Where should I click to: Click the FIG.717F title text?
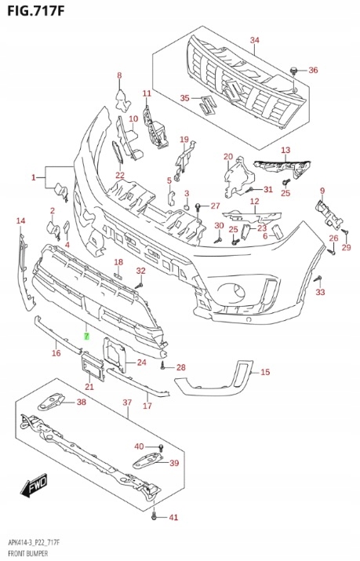(36, 11)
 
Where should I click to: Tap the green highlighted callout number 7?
(86, 337)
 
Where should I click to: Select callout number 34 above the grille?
(255, 40)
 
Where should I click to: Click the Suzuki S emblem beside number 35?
(207, 105)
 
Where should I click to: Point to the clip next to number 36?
(293, 71)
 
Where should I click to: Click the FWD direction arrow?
(34, 486)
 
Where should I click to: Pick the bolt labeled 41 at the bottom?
(154, 516)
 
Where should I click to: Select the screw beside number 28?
(162, 366)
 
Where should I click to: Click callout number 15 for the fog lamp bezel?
(265, 372)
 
